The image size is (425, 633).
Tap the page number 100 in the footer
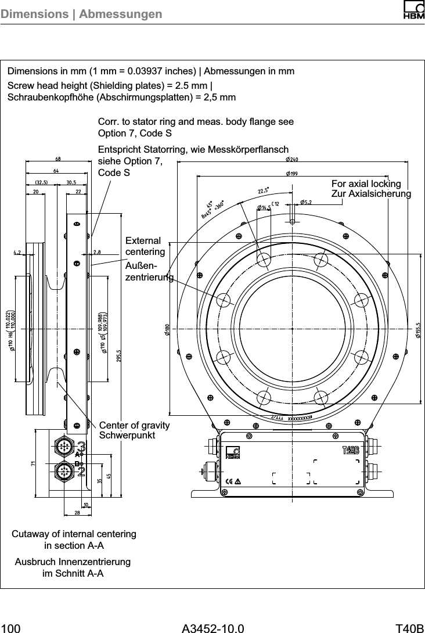[x=11, y=627]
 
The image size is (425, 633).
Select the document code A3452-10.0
[x=212, y=627]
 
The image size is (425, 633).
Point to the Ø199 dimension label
[x=291, y=174]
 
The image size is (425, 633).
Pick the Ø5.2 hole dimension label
[x=306, y=203]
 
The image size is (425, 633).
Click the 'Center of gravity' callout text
[x=135, y=426]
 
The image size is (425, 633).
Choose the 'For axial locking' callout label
[x=366, y=184]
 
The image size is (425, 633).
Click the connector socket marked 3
[x=63, y=447]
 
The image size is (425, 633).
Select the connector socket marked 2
[x=63, y=470]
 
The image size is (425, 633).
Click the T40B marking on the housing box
[x=351, y=451]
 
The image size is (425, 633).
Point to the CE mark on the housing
[x=229, y=481]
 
